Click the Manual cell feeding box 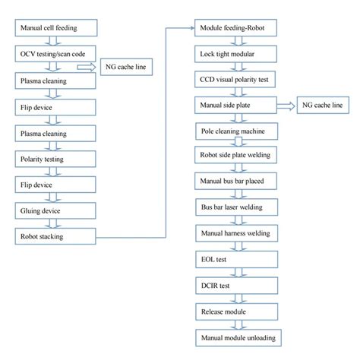[x=56, y=28]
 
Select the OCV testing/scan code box [x=55, y=54]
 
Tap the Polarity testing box [x=55, y=159]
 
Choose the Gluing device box [x=55, y=210]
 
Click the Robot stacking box [x=55, y=236]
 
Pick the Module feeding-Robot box [x=235, y=28]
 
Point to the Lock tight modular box [x=235, y=54]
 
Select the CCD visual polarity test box [x=235, y=80]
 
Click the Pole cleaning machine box [x=237, y=131]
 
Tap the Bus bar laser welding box [x=237, y=207]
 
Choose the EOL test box [x=237, y=260]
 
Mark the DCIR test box [x=237, y=286]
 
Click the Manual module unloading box [x=238, y=338]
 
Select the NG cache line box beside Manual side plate [x=323, y=105]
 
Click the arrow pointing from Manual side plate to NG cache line [x=286, y=106]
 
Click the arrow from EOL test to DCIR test [x=238, y=273]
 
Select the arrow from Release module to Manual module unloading [x=238, y=325]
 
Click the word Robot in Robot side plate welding [x=207, y=155]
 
